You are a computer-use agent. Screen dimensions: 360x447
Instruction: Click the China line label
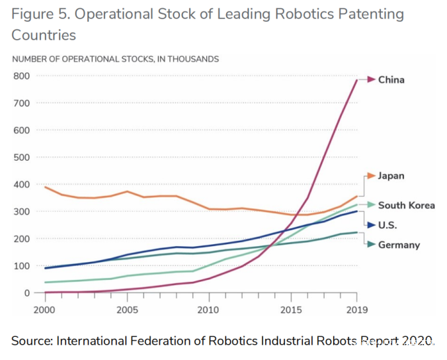tap(391, 80)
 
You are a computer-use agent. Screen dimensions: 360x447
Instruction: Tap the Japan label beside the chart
tap(391, 176)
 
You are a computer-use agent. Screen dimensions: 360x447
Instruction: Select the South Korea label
tap(406, 205)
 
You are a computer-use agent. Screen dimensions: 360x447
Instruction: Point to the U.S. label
tap(389, 225)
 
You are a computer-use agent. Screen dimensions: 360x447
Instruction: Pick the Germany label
tap(399, 245)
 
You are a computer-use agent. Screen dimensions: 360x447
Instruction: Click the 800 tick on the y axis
tap(22, 75)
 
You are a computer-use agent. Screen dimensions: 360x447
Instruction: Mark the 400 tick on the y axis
tap(22, 184)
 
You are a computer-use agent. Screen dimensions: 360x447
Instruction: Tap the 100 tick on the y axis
tap(22, 266)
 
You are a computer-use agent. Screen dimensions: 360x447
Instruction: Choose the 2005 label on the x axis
tap(127, 309)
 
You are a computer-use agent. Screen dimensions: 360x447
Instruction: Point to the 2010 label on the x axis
tap(209, 309)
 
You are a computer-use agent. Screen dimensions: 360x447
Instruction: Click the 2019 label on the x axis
tap(356, 309)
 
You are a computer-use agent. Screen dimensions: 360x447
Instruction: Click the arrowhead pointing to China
tap(372, 80)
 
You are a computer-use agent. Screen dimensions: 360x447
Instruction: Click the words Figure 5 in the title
tap(40, 14)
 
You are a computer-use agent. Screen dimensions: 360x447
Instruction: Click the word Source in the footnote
tap(31, 341)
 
